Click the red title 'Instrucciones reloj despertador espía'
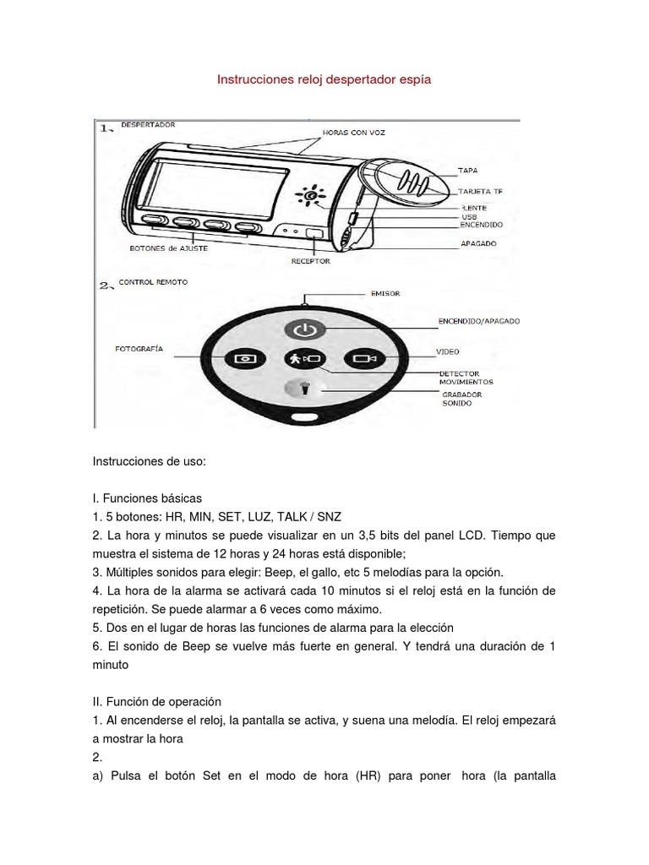pos(324,79)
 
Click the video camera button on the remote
pos(365,358)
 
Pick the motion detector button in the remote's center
pos(303,358)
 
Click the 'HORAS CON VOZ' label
pos(353,133)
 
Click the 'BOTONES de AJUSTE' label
pos(169,248)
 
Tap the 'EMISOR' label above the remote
pos(385,294)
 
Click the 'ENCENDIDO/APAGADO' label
pos(478,322)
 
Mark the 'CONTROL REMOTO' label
pos(154,281)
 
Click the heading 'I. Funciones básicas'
pos(147,498)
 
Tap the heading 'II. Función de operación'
pos(156,701)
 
